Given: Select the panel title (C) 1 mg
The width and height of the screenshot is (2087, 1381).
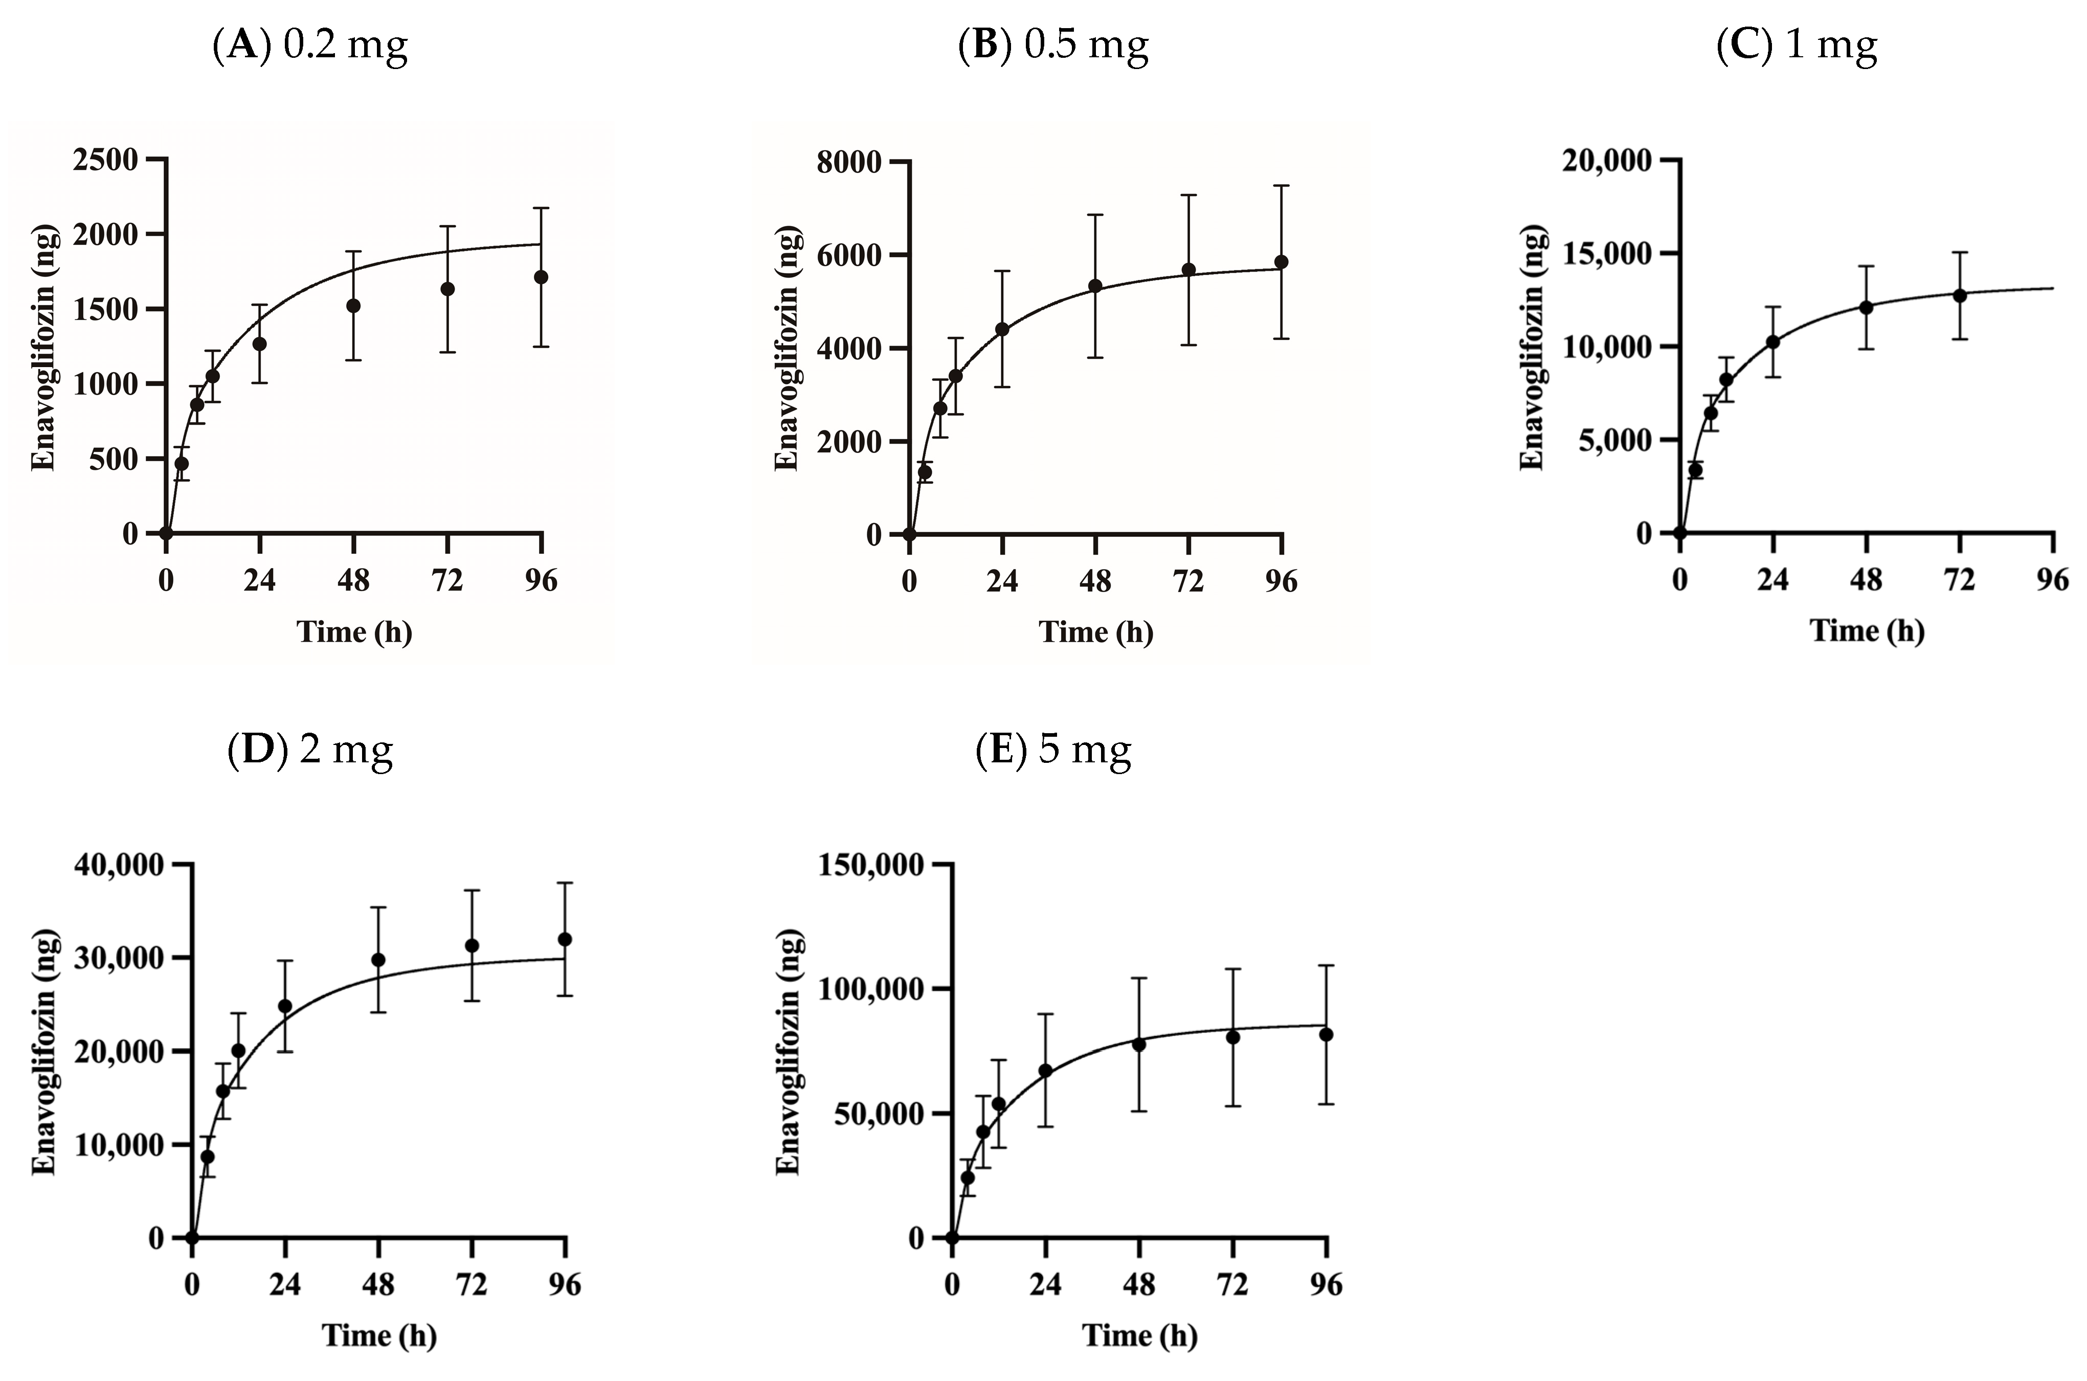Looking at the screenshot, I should [1797, 44].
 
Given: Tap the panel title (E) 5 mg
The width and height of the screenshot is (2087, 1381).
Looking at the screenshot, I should [1053, 750].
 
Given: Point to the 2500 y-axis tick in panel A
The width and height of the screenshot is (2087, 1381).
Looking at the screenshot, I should [106, 160].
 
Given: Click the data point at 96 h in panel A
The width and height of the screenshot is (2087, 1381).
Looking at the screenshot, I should [541, 277].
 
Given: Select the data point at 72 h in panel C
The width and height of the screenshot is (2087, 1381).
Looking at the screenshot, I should [1959, 295].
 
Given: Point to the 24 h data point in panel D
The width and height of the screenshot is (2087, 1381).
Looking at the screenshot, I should [284, 1006].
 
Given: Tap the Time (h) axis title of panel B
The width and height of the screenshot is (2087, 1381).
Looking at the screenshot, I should [1095, 631].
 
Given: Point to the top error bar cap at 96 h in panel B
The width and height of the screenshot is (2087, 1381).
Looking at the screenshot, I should [1282, 186].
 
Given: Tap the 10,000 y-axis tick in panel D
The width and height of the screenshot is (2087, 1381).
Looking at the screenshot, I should [120, 1145].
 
